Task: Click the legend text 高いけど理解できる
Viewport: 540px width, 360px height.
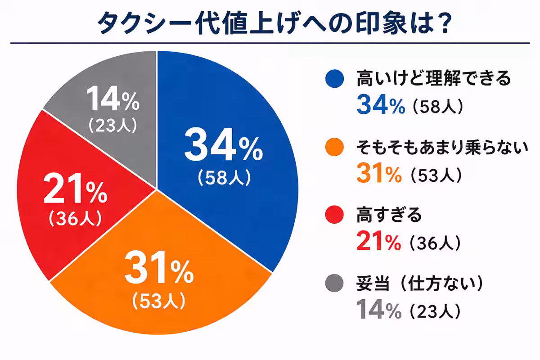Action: [x=434, y=79]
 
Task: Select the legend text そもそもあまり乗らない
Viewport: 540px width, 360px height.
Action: [x=441, y=147]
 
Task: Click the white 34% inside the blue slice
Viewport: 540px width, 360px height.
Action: [x=223, y=147]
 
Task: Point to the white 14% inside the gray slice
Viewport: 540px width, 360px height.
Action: [x=112, y=100]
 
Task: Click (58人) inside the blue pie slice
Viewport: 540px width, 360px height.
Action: [x=223, y=178]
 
